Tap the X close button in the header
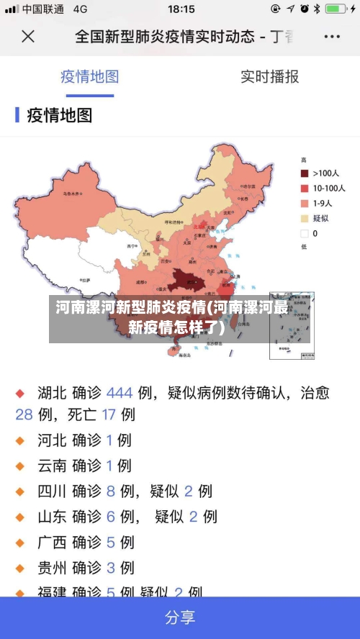click(x=28, y=36)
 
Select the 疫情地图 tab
click(x=89, y=76)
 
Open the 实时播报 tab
click(x=269, y=76)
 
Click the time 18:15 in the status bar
click(x=181, y=9)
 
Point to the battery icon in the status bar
click(x=335, y=9)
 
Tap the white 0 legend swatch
click(x=304, y=233)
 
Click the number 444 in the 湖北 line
click(x=120, y=393)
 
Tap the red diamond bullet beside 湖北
click(x=21, y=394)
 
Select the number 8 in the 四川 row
click(x=111, y=491)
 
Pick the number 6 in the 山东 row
click(x=111, y=517)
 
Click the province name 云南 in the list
click(x=52, y=466)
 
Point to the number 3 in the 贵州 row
click(x=111, y=568)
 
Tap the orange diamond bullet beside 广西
click(x=21, y=543)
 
